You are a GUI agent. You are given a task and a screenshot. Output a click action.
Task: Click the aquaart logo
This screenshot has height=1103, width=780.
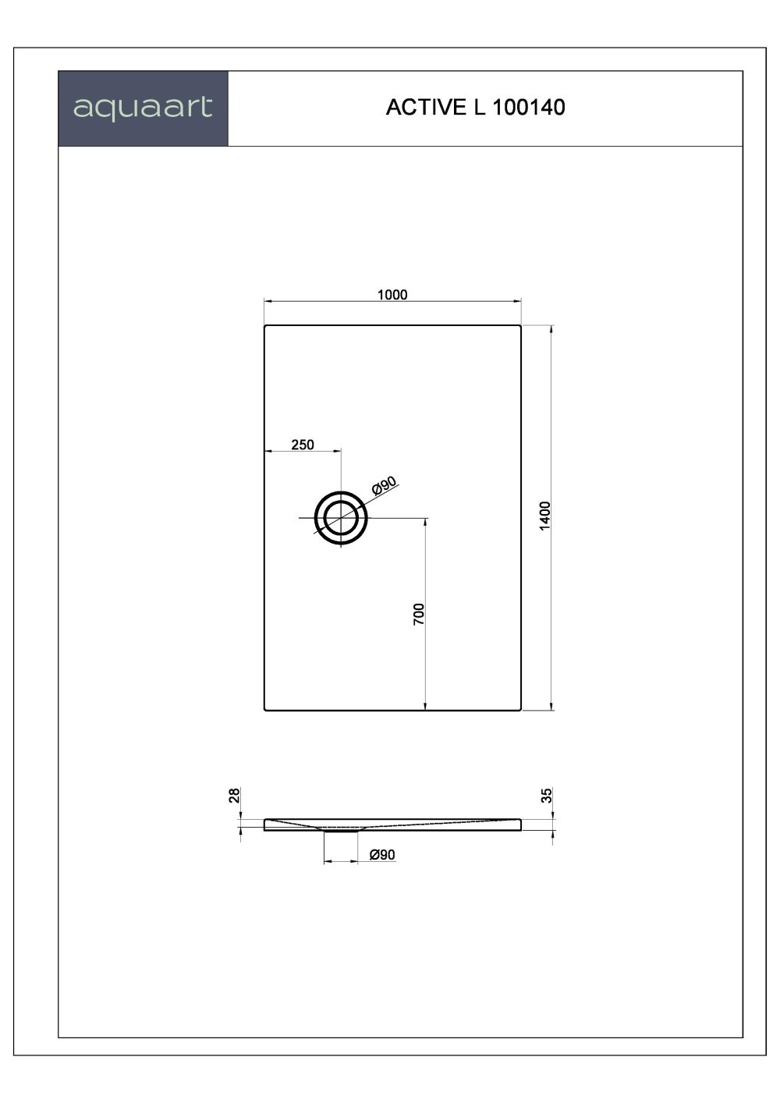143,108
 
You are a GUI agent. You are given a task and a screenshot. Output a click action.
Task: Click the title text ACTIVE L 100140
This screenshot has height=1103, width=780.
475,108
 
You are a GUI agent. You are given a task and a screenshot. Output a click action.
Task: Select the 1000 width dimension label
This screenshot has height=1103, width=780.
392,294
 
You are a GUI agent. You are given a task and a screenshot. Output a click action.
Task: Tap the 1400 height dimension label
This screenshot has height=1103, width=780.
545,516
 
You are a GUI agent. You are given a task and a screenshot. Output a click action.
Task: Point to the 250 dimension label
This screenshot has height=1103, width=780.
303,445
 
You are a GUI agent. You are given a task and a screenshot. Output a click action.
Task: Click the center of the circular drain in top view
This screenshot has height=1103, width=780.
341,518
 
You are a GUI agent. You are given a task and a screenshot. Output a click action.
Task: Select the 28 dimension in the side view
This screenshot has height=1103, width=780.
233,795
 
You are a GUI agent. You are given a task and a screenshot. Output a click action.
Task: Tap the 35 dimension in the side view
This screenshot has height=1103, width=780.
547,795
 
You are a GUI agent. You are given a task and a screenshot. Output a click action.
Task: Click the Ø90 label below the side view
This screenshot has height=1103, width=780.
382,855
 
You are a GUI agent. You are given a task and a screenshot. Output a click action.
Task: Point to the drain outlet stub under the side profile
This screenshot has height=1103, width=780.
341,832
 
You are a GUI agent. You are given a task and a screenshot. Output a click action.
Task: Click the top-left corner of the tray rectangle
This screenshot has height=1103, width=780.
265,325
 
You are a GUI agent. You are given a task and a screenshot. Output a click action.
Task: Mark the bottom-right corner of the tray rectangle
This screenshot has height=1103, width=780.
520,710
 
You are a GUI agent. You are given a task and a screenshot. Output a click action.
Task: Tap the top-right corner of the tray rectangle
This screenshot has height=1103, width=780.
520,325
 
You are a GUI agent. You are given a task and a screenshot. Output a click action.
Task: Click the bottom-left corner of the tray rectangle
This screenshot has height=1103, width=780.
265,710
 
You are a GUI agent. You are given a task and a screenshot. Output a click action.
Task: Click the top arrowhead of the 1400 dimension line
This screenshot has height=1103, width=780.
551,329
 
